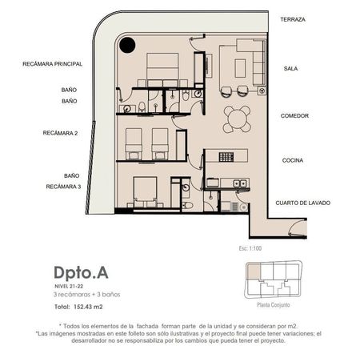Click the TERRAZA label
293,19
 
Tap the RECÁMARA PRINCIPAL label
52,64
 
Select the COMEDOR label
294,116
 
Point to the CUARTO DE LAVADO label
302,203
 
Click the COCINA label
293,160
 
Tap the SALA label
290,69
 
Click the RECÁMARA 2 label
60,133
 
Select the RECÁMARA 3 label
63,187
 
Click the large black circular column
127,45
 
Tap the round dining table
237,119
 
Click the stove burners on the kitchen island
226,157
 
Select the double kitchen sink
240,183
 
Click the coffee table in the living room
240,68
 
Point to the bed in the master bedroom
162,69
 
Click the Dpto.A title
81,273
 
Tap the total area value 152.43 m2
88,307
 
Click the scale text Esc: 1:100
250,248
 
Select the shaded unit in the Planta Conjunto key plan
253,271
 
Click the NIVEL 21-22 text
69,286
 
